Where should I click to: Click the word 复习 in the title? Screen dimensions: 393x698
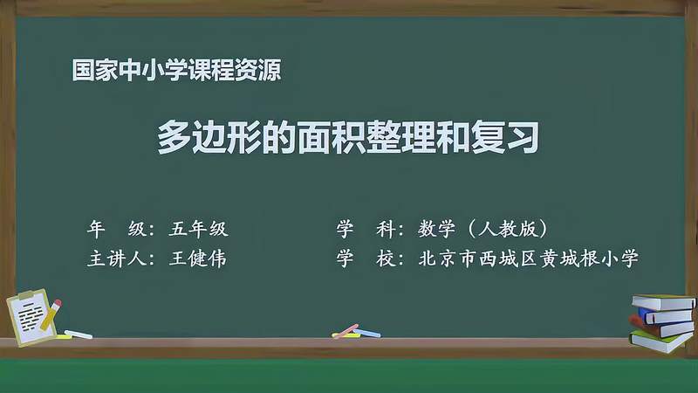(518, 138)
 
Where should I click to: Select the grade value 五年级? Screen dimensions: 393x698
(199, 230)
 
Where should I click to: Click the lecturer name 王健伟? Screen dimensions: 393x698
(199, 259)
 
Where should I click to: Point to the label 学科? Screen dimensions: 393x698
(366, 230)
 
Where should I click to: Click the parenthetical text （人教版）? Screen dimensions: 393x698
(507, 230)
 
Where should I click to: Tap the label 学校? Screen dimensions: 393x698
(366, 259)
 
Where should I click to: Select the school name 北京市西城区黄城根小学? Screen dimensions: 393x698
(529, 259)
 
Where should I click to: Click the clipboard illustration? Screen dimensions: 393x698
(31, 313)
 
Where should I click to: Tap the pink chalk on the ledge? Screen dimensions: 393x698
(346, 331)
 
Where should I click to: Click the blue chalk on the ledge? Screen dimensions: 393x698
(369, 333)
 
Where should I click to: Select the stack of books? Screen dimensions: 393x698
(662, 321)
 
